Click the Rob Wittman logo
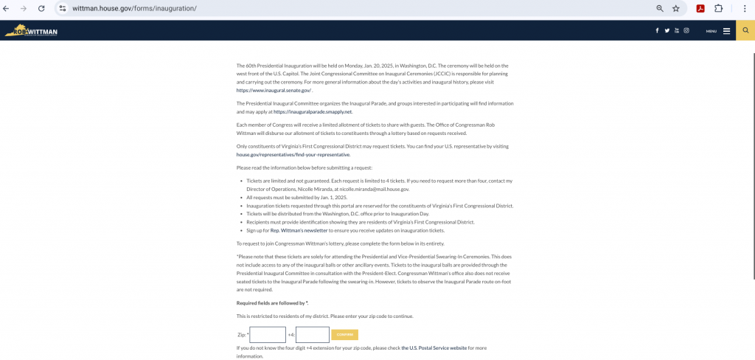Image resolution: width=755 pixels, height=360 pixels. (31, 31)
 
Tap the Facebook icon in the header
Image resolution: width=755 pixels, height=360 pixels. (657, 31)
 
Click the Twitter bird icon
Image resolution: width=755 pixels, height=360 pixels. (667, 31)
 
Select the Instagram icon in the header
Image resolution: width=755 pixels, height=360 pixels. (686, 31)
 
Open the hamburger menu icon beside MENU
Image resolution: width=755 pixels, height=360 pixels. (726, 31)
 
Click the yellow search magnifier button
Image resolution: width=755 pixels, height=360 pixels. (745, 31)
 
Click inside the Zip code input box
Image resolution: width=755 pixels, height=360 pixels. (268, 335)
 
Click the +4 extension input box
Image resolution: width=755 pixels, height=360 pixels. (313, 335)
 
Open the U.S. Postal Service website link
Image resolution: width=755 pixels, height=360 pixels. (434, 347)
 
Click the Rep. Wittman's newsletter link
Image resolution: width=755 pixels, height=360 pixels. (299, 230)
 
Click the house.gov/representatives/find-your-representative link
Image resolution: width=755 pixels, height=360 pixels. (293, 155)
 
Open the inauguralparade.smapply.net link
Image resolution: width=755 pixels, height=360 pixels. (313, 112)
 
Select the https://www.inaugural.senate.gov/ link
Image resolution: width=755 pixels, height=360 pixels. (274, 90)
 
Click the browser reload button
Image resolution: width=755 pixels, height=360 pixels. (41, 8)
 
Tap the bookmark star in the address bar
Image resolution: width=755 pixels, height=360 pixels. (675, 8)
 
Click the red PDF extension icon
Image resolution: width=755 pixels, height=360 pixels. (700, 8)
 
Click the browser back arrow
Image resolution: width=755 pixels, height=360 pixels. (7, 8)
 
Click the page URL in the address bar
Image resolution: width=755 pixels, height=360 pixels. (134, 8)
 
